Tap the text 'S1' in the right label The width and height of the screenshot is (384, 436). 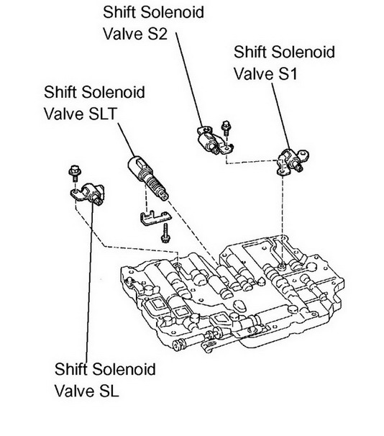point(287,74)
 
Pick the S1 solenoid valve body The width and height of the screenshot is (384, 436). point(292,161)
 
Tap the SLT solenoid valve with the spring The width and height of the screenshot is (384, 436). point(148,178)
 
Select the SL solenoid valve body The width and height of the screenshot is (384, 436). point(88,194)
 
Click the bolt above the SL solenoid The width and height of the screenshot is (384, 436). point(75,173)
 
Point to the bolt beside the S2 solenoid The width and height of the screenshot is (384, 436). point(226,129)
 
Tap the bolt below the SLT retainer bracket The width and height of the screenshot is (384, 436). point(165,233)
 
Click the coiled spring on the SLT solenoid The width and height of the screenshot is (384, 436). point(152,180)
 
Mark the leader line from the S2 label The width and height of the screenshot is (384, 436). point(190,79)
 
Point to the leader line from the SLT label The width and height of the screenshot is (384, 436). point(127,140)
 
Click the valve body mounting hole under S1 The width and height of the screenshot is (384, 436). point(283,267)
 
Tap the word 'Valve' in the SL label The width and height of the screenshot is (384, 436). point(71,391)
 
